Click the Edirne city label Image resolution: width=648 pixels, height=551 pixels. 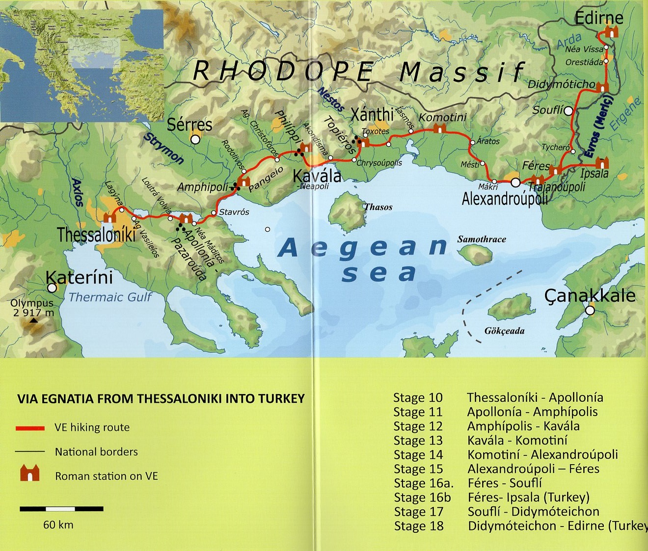coord(598,19)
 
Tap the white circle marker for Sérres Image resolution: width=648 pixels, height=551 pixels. coord(195,139)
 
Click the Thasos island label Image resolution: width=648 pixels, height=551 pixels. coord(378,207)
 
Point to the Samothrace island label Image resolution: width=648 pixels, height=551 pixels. coord(482,239)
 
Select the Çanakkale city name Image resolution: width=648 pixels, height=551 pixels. coord(590,296)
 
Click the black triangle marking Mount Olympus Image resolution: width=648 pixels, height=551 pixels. coord(33,321)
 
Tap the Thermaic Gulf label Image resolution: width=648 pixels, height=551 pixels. coord(110,297)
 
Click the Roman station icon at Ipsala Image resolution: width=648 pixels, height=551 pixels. coord(602,162)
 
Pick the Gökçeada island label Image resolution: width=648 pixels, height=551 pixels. coord(504,331)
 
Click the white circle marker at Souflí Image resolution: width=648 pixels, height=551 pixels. coord(568,111)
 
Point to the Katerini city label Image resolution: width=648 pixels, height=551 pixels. coord(80,277)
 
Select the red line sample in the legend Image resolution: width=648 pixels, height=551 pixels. coord(30,428)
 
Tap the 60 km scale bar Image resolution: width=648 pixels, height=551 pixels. coord(61,509)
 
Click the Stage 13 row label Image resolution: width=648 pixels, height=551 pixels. coord(418,441)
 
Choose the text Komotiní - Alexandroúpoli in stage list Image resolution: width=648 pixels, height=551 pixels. coord(542,455)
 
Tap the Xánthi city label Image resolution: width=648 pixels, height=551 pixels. coord(372,114)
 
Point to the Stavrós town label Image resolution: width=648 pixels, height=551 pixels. coord(234,212)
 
